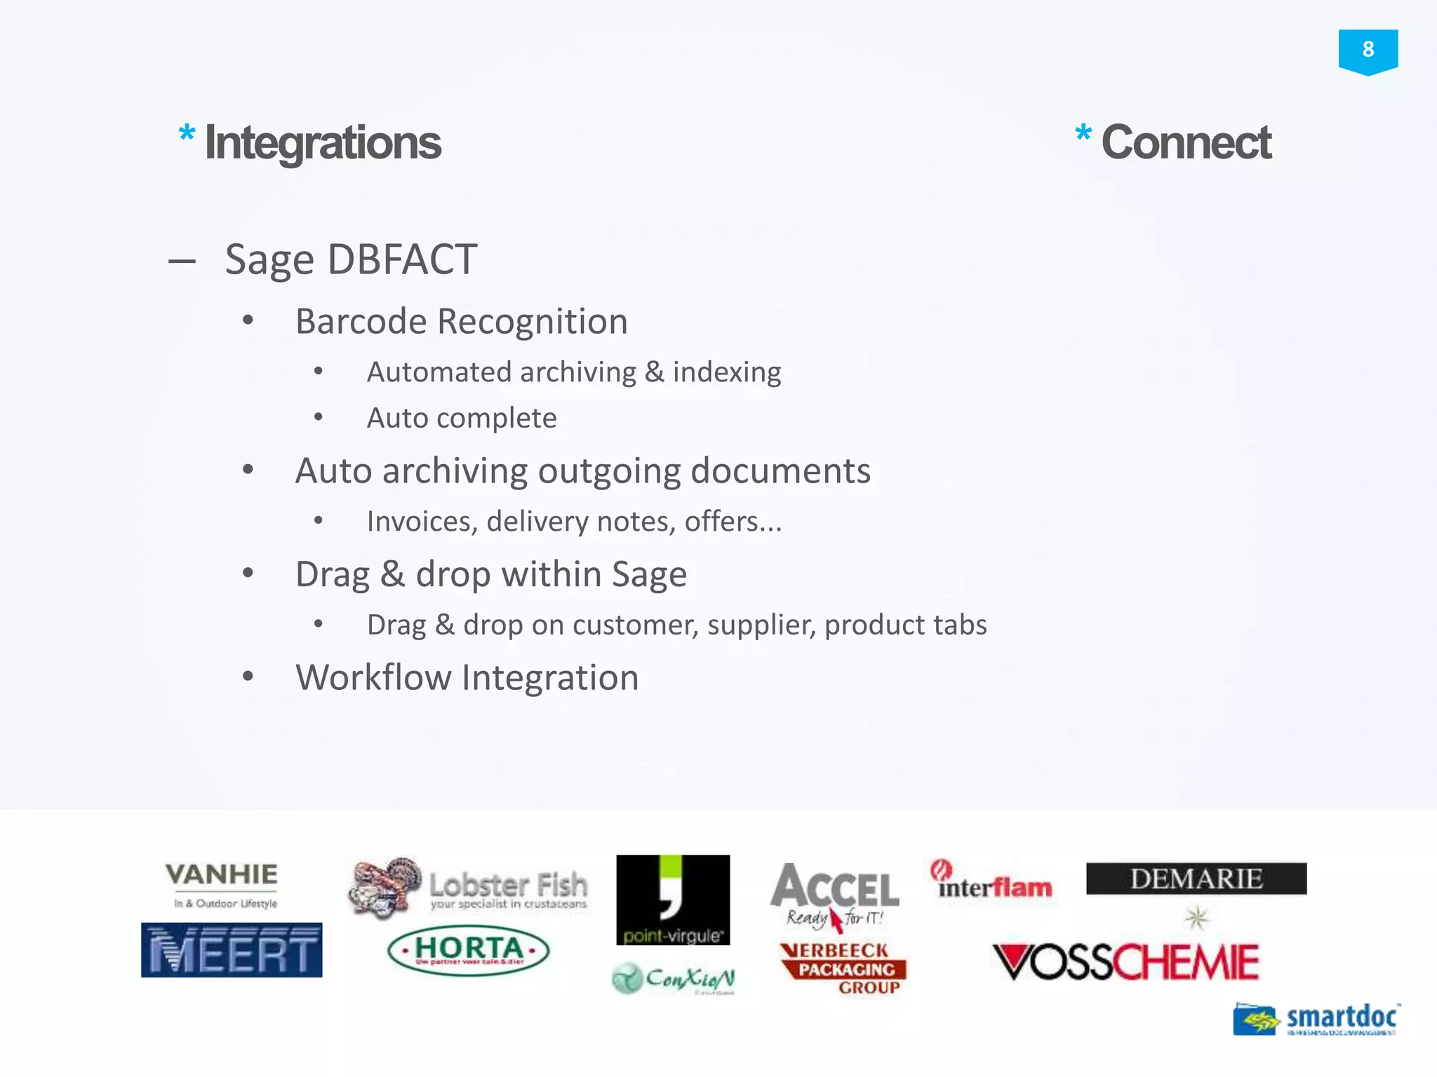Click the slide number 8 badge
(1368, 50)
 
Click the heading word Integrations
(323, 143)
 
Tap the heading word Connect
(1186, 142)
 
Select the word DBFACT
(402, 260)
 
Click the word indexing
(726, 372)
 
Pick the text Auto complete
(462, 419)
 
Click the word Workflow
(373, 678)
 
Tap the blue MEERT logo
(232, 950)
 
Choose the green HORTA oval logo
(469, 951)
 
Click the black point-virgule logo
(673, 900)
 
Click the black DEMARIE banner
(1196, 879)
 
